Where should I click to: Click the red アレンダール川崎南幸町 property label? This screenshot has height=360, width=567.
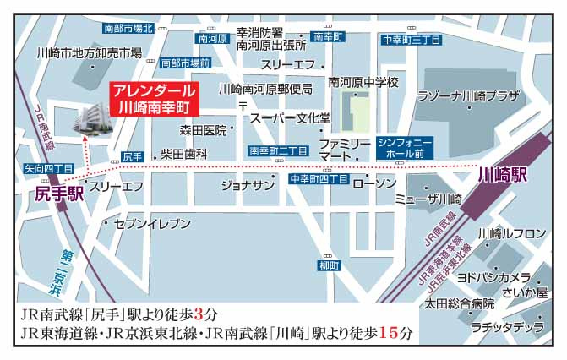coord(155,99)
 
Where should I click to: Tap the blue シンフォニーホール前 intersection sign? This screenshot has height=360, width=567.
coord(405,147)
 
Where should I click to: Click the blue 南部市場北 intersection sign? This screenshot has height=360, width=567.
coord(128,28)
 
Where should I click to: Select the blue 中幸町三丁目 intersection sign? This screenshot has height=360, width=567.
coord(408,39)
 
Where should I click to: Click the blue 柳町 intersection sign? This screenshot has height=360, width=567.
coord(329,265)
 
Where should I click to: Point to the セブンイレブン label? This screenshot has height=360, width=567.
coord(141,223)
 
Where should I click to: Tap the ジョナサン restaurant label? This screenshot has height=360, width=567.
coord(248,184)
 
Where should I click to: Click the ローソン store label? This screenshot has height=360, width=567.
coord(373,183)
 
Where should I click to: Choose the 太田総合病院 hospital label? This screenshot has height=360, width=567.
coord(459,303)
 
